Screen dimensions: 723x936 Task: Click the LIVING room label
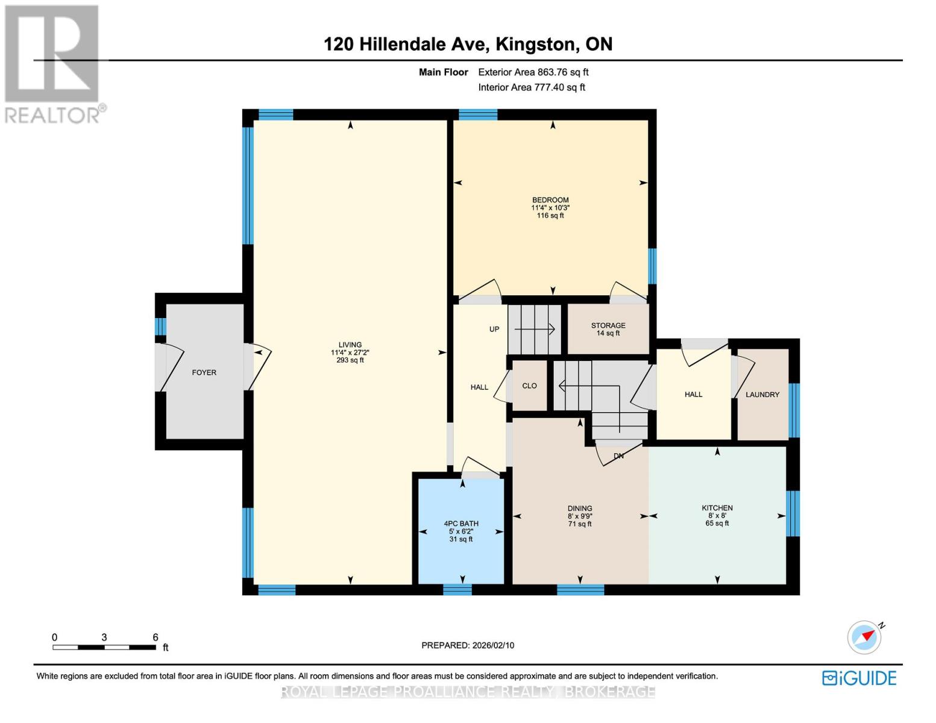[350, 345]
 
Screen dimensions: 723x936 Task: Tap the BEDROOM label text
[550, 200]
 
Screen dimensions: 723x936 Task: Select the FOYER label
[204, 372]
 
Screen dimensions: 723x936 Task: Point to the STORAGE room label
[608, 325]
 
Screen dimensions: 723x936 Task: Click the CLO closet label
[529, 386]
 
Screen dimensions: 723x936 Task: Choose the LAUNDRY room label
[762, 395]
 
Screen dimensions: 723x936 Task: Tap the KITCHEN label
[717, 508]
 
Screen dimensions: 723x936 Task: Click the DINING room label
[579, 509]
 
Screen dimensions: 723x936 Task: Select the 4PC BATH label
[460, 524]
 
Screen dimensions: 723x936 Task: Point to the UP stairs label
[494, 329]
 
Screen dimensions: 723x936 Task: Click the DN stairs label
[618, 456]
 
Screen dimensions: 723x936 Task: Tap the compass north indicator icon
[865, 637]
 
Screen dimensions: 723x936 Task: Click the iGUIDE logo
[859, 678]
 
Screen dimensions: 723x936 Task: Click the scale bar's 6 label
[155, 637]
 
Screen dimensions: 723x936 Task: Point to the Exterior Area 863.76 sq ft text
[533, 72]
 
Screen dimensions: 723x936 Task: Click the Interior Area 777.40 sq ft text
[532, 87]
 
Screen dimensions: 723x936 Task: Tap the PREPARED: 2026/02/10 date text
[468, 645]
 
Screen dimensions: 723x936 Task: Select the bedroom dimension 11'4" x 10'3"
[550, 208]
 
